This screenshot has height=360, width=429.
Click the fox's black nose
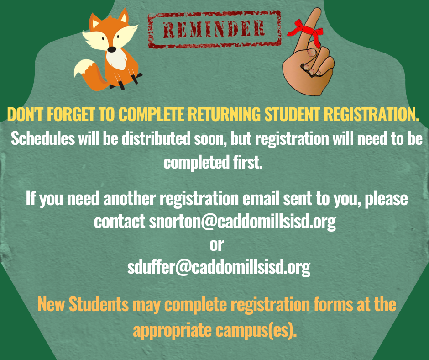[112, 49]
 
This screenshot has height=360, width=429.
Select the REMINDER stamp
[214, 29]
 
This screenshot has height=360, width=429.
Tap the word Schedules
[43, 138]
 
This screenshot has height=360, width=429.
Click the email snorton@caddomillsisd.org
[242, 221]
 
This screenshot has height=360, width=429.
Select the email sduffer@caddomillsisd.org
[219, 267]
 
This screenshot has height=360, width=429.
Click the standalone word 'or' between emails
[217, 245]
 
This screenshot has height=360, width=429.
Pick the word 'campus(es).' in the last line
[256, 330]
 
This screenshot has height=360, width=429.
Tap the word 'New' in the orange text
[51, 304]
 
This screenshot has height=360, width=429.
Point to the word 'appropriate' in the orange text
[172, 330]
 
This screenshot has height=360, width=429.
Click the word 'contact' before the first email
[120, 222]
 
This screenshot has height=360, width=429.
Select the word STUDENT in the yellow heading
[292, 114]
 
